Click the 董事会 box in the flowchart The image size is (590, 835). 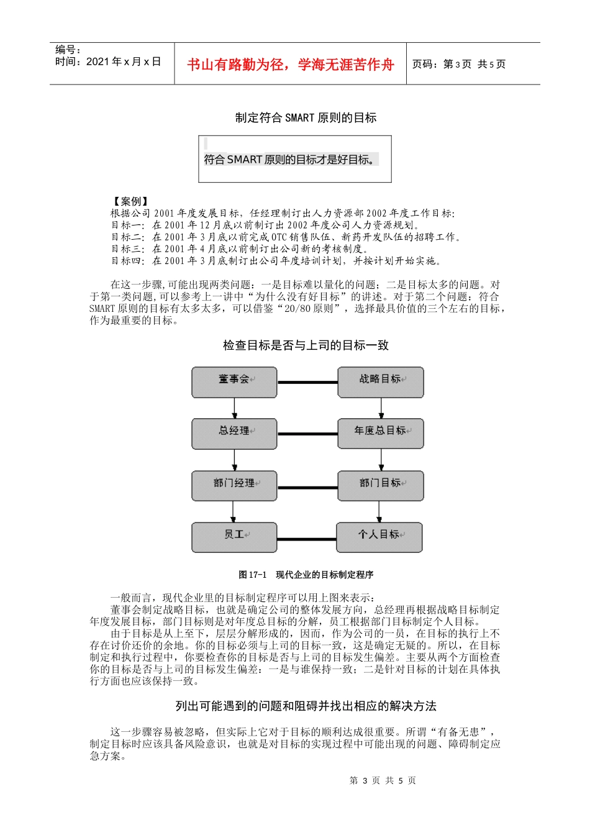234,382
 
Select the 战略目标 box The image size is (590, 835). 381,382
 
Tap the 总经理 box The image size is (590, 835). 234,434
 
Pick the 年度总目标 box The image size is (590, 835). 381,434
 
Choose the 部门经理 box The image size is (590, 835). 234,485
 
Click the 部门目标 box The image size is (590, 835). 381,485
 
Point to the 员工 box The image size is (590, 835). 234,537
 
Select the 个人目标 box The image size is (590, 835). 379,537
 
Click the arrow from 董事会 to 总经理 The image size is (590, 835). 234,408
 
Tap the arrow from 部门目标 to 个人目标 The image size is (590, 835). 379,511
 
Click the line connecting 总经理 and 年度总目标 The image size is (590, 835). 307,434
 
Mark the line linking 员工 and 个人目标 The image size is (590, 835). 307,538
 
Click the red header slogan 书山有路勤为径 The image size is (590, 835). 291,65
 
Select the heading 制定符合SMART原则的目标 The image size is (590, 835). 306,117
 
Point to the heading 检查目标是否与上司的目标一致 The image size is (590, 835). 306,345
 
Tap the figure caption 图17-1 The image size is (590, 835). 306,575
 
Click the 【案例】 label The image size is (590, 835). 130,201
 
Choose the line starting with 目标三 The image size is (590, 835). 248,249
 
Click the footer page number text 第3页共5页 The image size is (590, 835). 383,780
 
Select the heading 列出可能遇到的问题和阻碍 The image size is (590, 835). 306,706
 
